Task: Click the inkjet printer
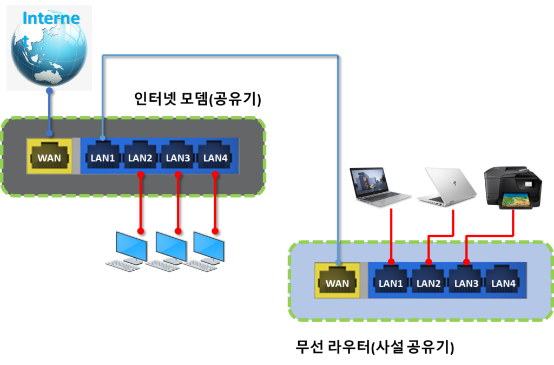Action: (512, 187)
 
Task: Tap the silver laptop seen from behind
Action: (447, 186)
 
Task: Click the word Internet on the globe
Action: (51, 18)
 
